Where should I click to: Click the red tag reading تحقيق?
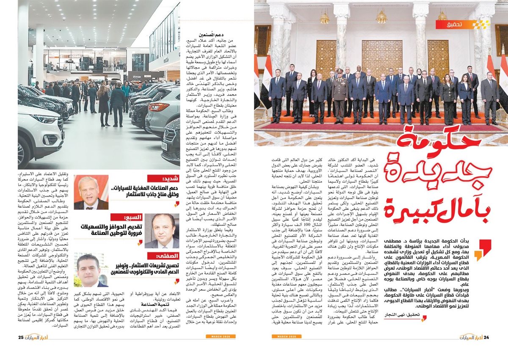coord(460,25)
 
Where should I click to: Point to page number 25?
coord(21,337)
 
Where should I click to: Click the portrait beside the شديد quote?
coord(91,192)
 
